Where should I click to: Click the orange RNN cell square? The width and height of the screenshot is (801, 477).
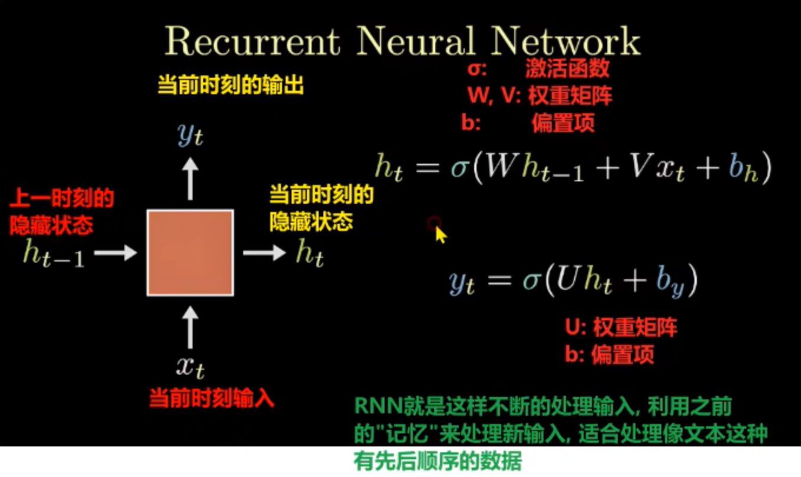(x=190, y=252)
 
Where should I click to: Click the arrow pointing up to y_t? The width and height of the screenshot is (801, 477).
(x=190, y=180)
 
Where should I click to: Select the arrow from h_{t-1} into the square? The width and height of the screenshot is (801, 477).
(x=115, y=253)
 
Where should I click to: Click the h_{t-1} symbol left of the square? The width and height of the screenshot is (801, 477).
(x=53, y=254)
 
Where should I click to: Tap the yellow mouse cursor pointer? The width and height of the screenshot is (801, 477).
(x=440, y=233)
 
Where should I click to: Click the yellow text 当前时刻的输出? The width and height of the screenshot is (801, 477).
(x=231, y=87)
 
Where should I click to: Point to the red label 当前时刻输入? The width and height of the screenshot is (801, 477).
(x=211, y=399)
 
